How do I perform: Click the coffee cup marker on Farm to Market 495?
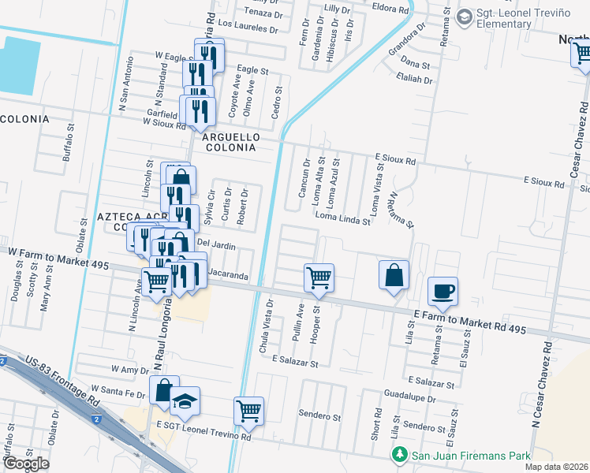tap(442, 291)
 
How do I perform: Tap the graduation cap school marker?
tap(185, 400)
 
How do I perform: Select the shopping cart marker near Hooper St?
tap(319, 277)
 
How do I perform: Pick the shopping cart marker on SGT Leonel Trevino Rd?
tap(248, 410)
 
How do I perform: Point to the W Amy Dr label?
tap(130, 369)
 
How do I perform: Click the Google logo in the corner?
tap(26, 464)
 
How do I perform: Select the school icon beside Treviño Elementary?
tap(464, 17)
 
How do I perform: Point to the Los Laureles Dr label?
tap(249, 29)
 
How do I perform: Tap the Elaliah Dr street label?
tap(416, 80)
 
